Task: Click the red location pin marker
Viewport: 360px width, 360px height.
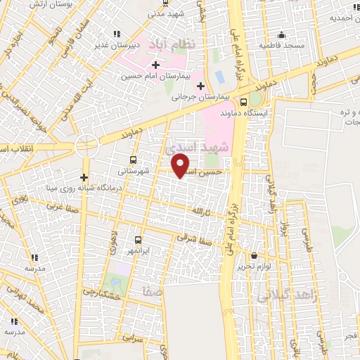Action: pos(181,165)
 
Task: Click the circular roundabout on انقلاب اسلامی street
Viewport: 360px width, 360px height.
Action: pos(86,146)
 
